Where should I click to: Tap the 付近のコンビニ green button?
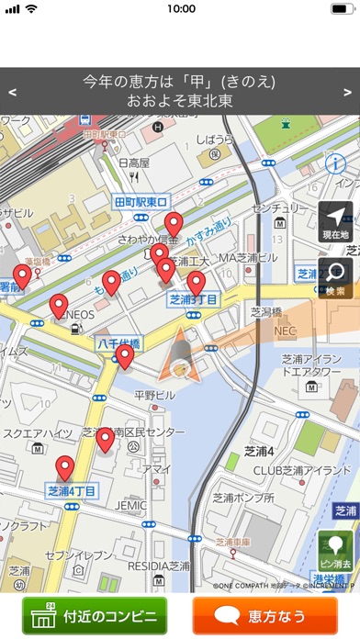point(96,615)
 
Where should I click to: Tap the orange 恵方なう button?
point(265,615)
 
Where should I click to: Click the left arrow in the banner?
point(12,92)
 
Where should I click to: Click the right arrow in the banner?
point(347,92)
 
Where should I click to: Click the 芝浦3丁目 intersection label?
point(193,299)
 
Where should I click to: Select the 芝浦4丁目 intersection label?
point(73,491)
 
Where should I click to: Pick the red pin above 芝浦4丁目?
point(64,467)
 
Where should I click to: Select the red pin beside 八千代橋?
point(125,356)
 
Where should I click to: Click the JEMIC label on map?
point(130,505)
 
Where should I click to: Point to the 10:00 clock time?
point(181,8)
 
